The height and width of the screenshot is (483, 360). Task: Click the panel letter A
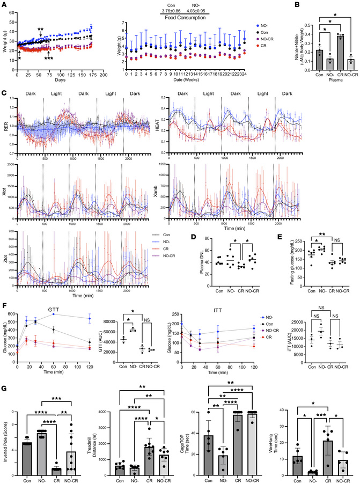click(4, 4)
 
